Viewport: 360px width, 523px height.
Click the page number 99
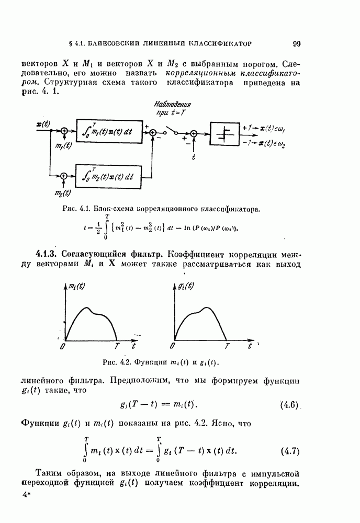pos(296,44)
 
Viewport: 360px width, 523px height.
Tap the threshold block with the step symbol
pos(225,134)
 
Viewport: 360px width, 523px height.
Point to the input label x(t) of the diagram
pos(43,124)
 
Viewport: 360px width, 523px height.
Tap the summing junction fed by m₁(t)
pos(64,132)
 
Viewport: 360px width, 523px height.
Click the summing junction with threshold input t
pos(194,134)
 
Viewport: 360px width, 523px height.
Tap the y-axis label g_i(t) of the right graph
pos(185,286)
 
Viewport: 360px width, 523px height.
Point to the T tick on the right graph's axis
pos(227,346)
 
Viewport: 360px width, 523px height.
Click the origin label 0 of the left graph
pos(62,347)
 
